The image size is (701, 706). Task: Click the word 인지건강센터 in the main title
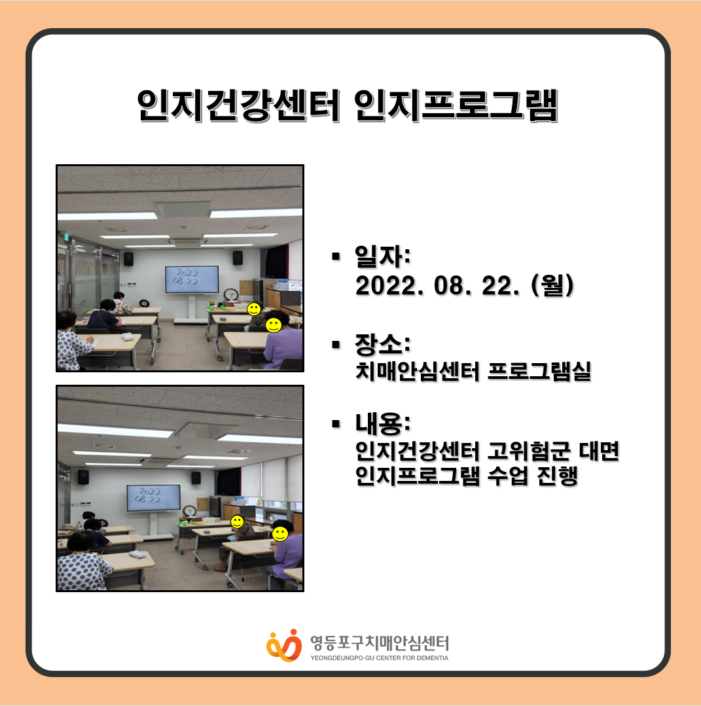tap(238, 105)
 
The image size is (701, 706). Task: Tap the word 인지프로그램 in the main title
tap(456, 105)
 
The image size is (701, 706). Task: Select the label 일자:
tap(382, 256)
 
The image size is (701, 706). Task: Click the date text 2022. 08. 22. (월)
tap(465, 285)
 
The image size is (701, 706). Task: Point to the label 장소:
tap(382, 344)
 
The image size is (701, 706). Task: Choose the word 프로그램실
tap(539, 371)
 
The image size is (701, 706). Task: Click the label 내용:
tap(382, 424)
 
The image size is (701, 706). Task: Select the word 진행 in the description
tap(557, 476)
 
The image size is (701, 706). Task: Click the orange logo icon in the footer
tap(284, 646)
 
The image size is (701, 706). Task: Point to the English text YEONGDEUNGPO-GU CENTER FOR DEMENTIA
tap(380, 658)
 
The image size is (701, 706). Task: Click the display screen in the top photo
tap(192, 279)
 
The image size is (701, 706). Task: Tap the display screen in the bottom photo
tap(153, 497)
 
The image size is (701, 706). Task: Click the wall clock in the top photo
tap(231, 294)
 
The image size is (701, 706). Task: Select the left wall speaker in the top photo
tap(128, 258)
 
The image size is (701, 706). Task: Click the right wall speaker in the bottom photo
tap(196, 478)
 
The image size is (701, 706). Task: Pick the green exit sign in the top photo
tap(66, 237)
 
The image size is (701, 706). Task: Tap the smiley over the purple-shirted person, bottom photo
tap(279, 534)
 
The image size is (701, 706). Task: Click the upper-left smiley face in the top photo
tap(254, 309)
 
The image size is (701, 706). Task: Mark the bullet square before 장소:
tap(336, 345)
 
